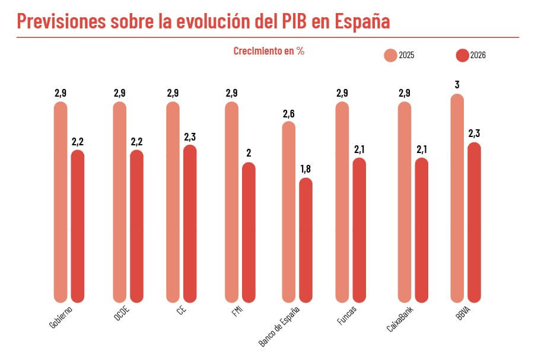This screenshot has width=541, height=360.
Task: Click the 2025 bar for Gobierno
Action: point(61,202)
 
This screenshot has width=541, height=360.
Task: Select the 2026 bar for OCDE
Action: point(136,226)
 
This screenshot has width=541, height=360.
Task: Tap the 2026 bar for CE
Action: point(190,223)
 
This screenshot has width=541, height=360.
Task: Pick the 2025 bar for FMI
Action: point(232,202)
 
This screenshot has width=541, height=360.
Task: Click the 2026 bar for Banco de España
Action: point(305,240)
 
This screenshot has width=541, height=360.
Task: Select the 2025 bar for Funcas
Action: point(342,202)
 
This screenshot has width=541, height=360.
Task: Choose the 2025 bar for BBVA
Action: point(457,198)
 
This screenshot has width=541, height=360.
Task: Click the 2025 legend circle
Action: point(390,55)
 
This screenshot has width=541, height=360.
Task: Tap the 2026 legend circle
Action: point(462,55)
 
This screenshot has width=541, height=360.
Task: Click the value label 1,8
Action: point(305,169)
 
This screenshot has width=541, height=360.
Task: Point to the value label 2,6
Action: point(289,113)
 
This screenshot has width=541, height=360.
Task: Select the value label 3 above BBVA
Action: point(457,85)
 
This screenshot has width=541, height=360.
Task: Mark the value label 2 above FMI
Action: point(249,154)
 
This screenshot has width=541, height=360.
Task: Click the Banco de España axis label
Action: point(279,327)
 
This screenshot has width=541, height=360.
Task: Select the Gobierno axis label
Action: point(61,317)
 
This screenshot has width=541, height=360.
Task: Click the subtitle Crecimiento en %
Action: point(269,51)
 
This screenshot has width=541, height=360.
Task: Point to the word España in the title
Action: point(362,21)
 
